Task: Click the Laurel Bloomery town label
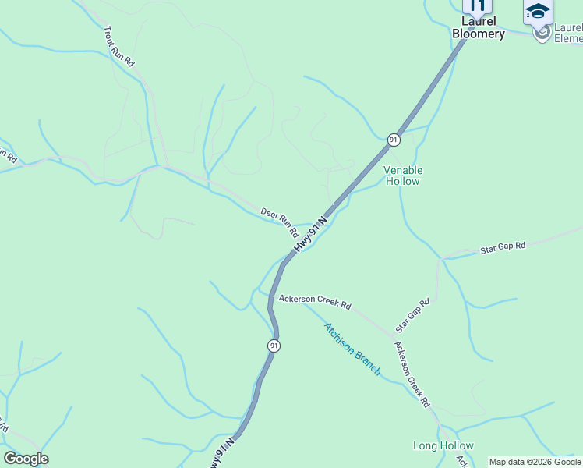[479, 28]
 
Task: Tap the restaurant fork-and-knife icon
[478, 5]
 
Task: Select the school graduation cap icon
[538, 11]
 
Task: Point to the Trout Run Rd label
[119, 46]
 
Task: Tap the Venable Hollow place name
[403, 175]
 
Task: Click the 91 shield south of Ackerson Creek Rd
[274, 346]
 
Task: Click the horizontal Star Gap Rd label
[503, 246]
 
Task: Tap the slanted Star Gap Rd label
[412, 316]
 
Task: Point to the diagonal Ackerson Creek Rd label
[412, 375]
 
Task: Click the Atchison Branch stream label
[352, 349]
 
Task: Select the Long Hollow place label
[443, 445]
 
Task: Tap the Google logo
[26, 459]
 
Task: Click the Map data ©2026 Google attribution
[535, 462]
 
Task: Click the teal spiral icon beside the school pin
[542, 32]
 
